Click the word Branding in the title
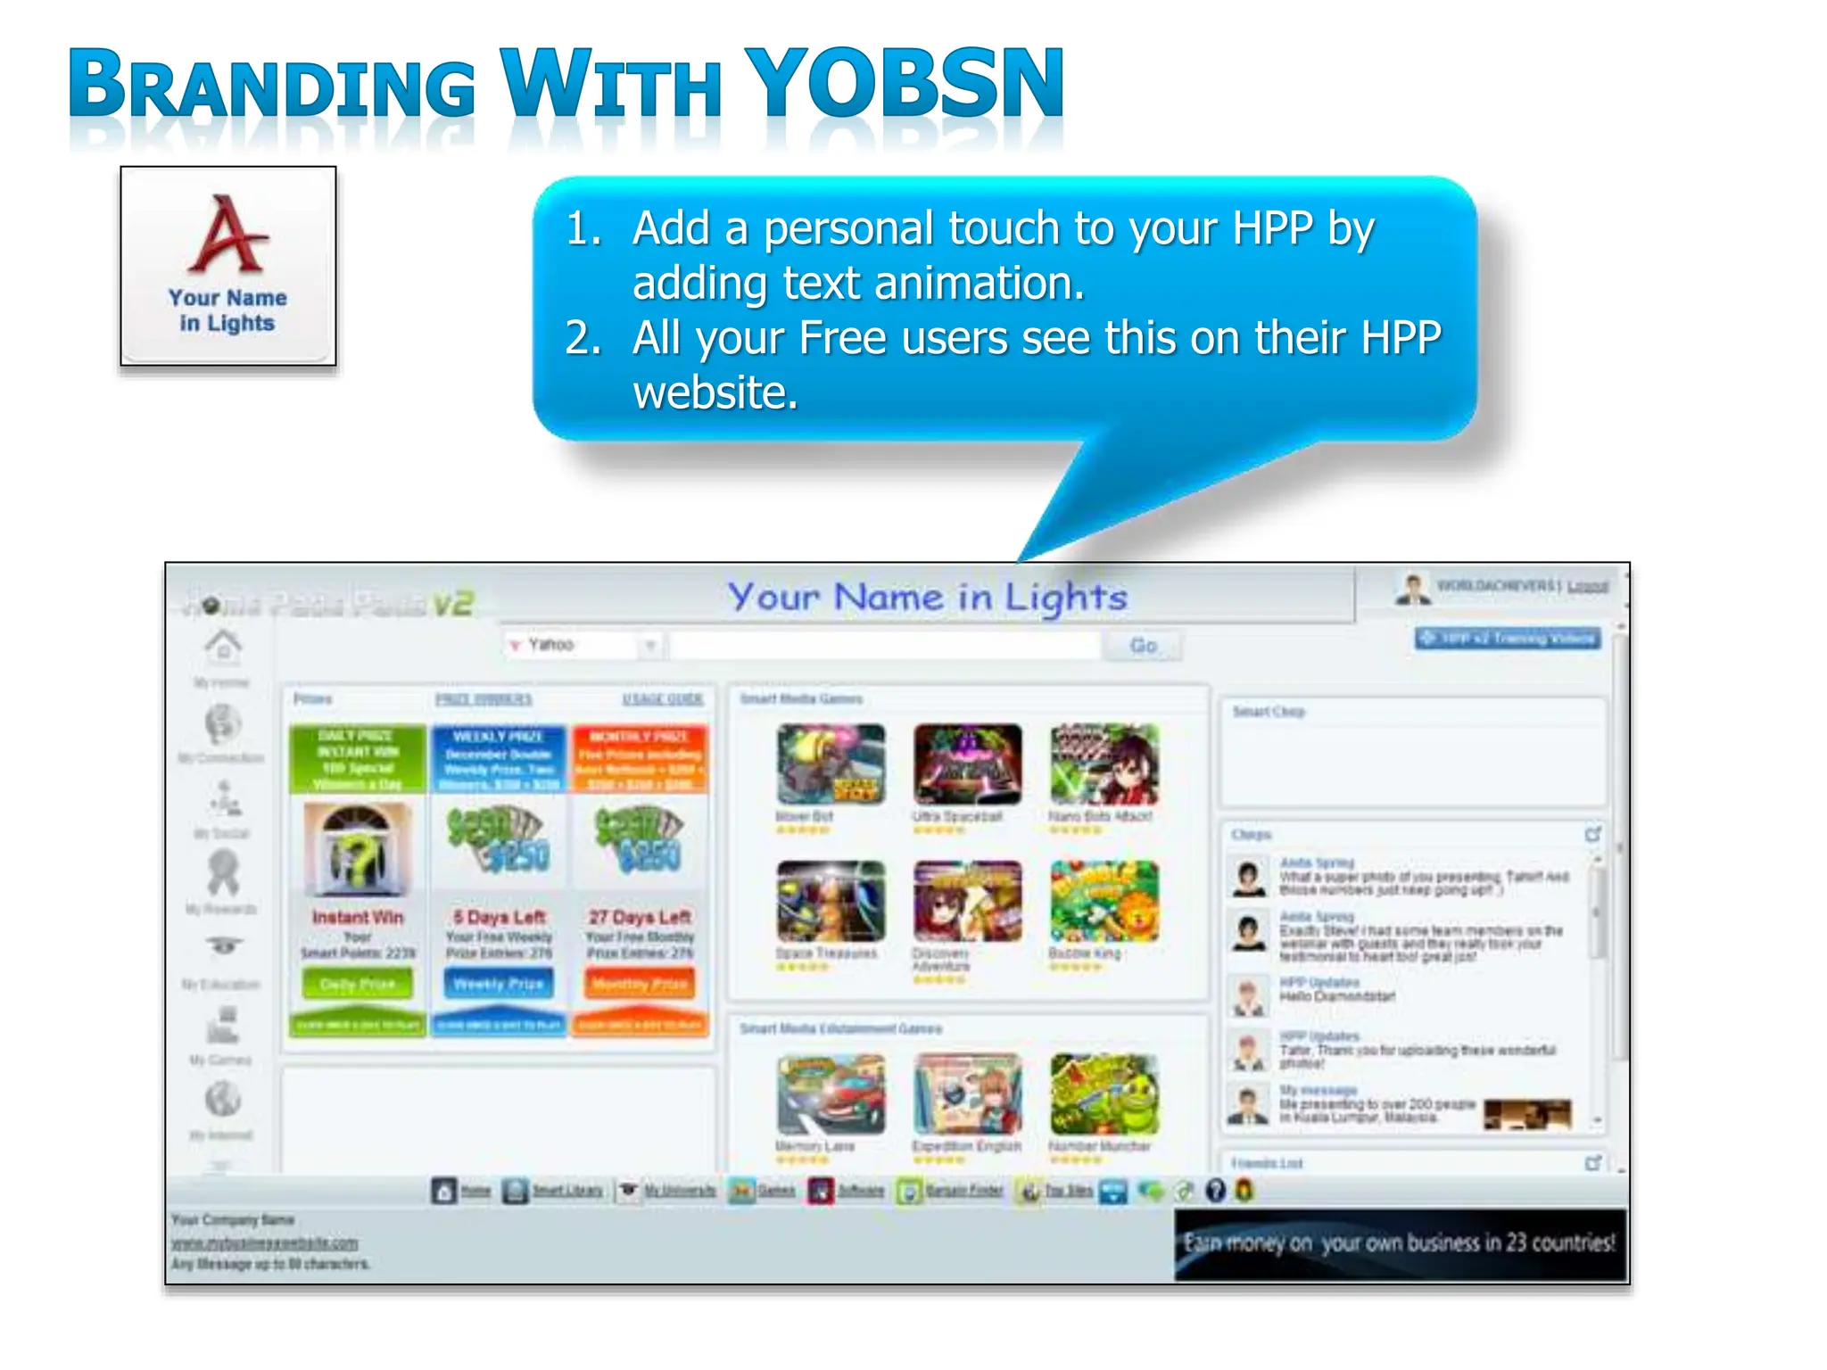[x=272, y=87]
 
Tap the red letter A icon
[x=227, y=235]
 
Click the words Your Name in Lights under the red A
[x=227, y=309]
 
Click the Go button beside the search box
[x=1143, y=646]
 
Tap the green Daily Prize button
[x=358, y=984]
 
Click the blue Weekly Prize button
[x=499, y=984]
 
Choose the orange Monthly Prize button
[x=640, y=984]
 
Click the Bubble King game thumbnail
[x=1104, y=901]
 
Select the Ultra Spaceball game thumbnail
[x=968, y=764]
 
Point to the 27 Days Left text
[x=640, y=917]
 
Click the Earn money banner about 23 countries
[x=1400, y=1244]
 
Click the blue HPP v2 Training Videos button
[x=1508, y=639]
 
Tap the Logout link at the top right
[x=1587, y=586]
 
